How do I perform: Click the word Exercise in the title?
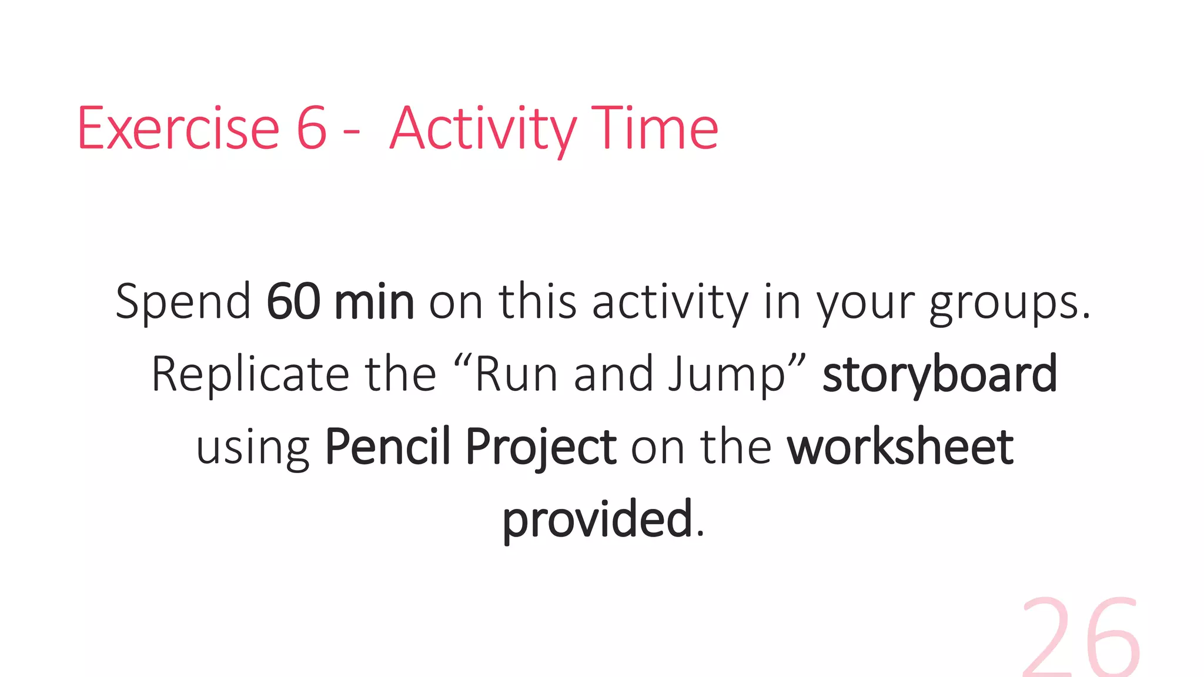[178, 128]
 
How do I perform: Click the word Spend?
[183, 302]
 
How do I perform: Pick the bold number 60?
[293, 301]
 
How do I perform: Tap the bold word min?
[374, 301]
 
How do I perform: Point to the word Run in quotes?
[516, 374]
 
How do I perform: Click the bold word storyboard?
[939, 374]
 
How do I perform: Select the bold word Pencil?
[387, 447]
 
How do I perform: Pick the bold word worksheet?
[900, 447]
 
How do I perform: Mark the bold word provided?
[597, 520]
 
